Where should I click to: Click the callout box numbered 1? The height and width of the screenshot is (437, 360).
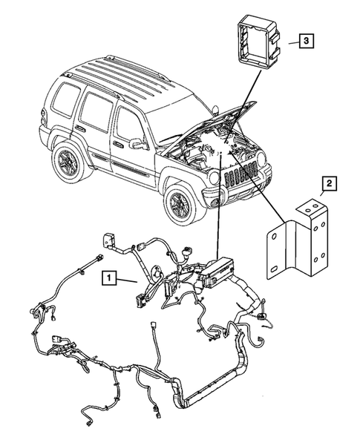coord(110,278)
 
